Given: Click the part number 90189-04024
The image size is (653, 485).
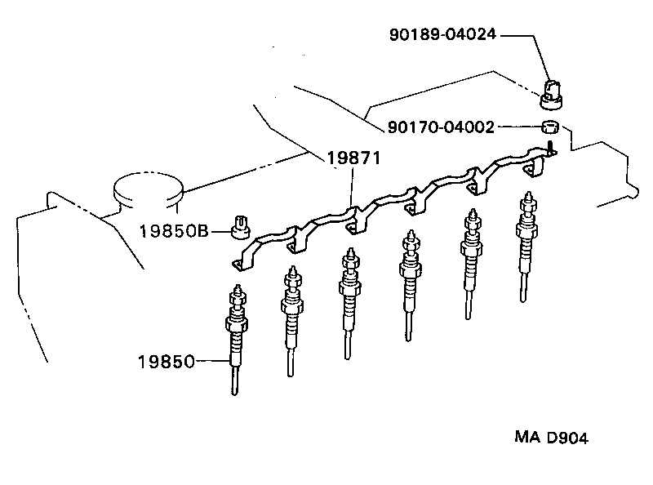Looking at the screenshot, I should pyautogui.click(x=441, y=35).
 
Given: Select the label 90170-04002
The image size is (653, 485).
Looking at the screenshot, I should pyautogui.click(x=441, y=127).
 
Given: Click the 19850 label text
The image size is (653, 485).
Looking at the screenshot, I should pyautogui.click(x=167, y=360).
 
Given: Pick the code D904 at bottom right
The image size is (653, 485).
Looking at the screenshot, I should pyautogui.click(x=567, y=438).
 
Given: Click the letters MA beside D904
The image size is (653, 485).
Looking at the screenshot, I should pyautogui.click(x=528, y=438).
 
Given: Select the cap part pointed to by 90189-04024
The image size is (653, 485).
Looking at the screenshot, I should pyautogui.click(x=553, y=91).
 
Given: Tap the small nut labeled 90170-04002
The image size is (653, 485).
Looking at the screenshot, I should pyautogui.click(x=551, y=127).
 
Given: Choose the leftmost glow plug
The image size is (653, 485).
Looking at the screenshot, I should pyautogui.click(x=236, y=335).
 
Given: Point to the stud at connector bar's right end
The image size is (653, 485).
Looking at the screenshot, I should pyautogui.click(x=552, y=148).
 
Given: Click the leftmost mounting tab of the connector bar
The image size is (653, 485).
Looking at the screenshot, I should pyautogui.click(x=238, y=263).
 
